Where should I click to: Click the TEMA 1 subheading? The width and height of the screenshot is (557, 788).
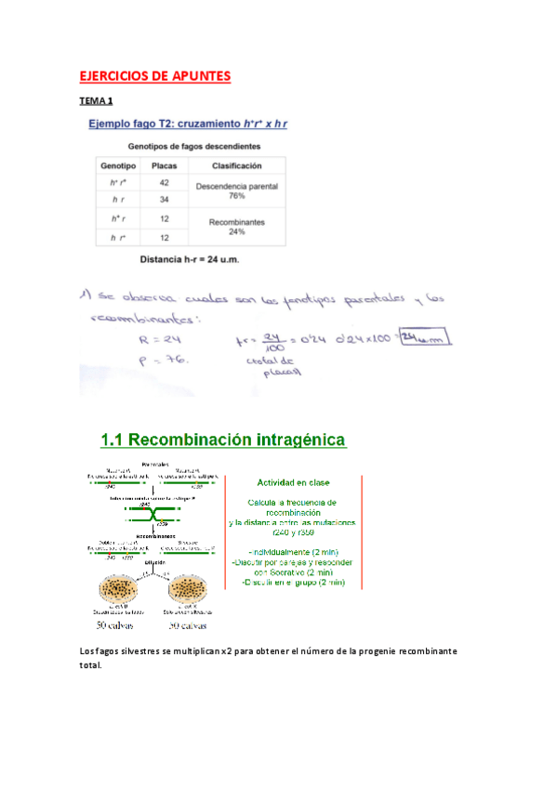(96, 100)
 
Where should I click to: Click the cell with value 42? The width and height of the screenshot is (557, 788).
(164, 183)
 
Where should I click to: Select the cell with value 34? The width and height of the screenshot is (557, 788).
(164, 200)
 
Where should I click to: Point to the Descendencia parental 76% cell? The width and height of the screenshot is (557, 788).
(236, 191)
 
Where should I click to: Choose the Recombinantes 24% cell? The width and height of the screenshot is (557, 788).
(236, 228)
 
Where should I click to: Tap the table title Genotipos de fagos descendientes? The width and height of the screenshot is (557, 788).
(193, 147)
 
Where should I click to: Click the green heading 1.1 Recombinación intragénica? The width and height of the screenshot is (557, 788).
(223, 438)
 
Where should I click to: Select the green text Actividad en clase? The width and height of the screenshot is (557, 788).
(294, 482)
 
